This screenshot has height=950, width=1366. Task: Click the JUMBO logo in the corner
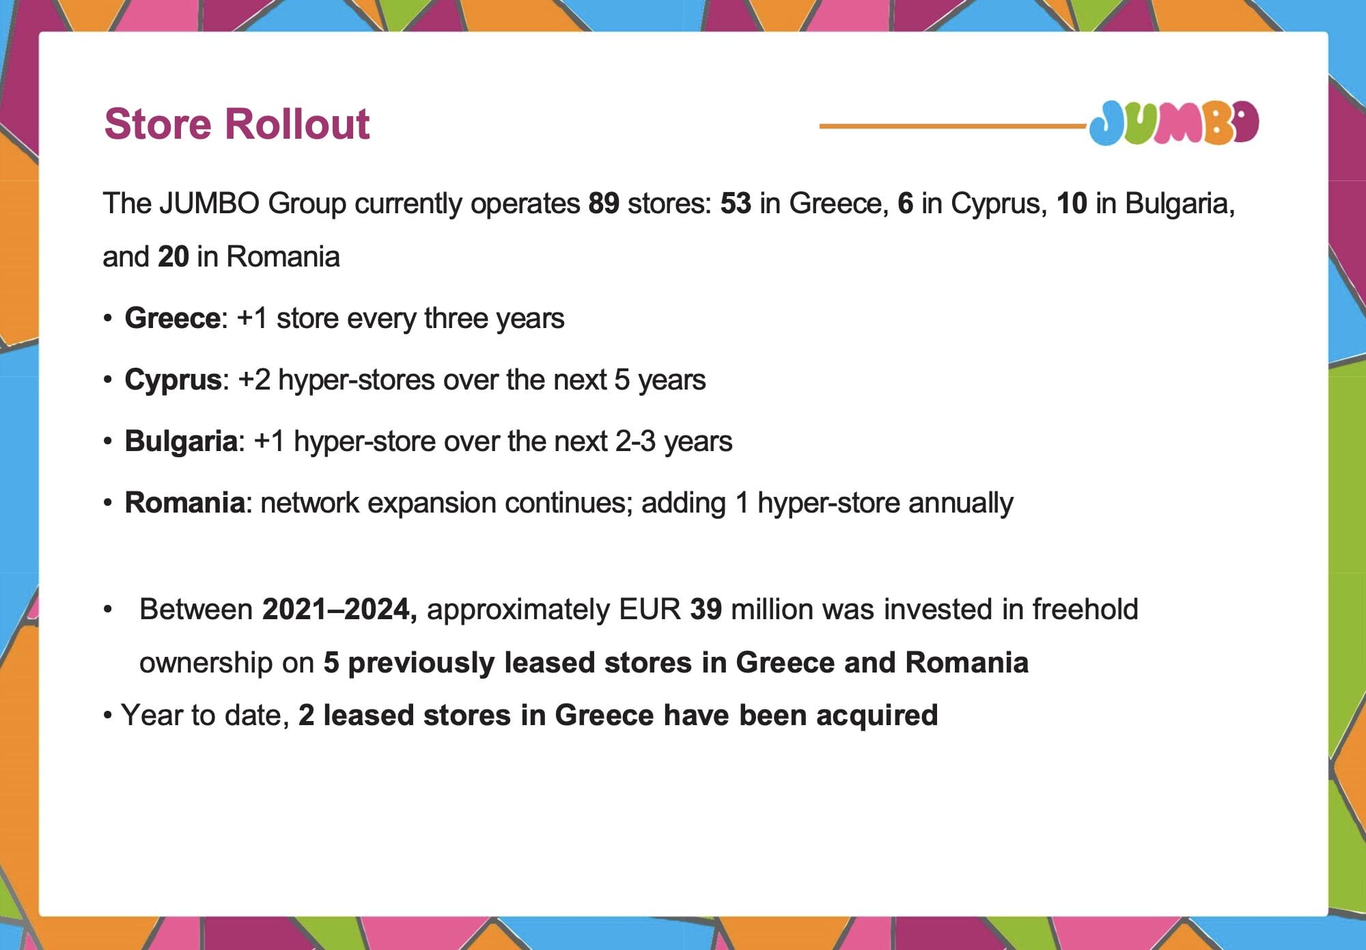click(1173, 123)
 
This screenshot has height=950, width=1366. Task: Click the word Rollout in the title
click(297, 124)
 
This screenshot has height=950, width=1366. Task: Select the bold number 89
click(604, 204)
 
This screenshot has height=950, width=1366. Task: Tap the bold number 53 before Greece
click(736, 204)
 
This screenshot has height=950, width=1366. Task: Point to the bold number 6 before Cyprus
click(905, 204)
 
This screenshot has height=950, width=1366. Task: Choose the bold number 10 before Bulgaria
click(1072, 204)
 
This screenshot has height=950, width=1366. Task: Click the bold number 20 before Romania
click(173, 257)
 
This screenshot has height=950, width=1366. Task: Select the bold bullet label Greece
click(173, 318)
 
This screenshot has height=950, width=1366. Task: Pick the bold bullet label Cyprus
click(173, 380)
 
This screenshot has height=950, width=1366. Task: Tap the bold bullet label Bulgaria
click(181, 442)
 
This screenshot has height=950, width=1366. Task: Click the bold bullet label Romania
click(185, 503)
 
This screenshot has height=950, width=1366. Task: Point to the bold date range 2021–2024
click(339, 609)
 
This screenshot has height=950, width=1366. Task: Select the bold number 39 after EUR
click(706, 609)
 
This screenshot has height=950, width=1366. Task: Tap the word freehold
click(1085, 609)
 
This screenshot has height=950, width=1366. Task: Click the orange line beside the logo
click(953, 126)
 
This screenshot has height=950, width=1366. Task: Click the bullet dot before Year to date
click(107, 716)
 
